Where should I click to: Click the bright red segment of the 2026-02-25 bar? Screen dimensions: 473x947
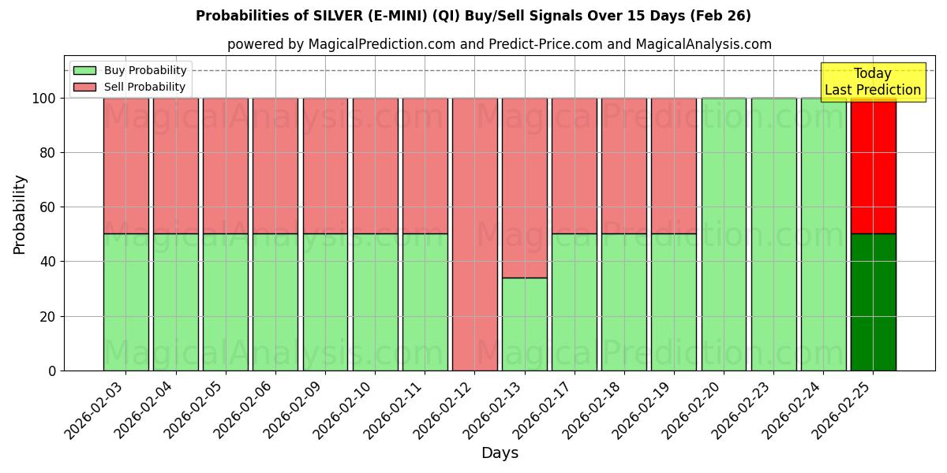[873, 166]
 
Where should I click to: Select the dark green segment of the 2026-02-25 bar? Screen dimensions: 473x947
[873, 302]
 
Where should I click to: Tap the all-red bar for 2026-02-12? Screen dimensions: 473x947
[474, 234]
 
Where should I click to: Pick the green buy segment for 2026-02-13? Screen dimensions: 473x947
[524, 324]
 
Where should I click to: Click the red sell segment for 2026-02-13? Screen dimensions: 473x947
[524, 188]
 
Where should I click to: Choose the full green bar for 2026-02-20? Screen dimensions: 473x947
[724, 234]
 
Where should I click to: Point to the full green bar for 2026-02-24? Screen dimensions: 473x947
[823, 234]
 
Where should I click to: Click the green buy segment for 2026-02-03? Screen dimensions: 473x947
[125, 302]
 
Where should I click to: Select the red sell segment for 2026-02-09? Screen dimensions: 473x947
[325, 166]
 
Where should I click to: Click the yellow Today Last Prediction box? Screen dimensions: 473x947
[873, 82]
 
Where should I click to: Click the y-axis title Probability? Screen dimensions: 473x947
[20, 214]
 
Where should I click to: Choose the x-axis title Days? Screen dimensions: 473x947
[500, 453]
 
